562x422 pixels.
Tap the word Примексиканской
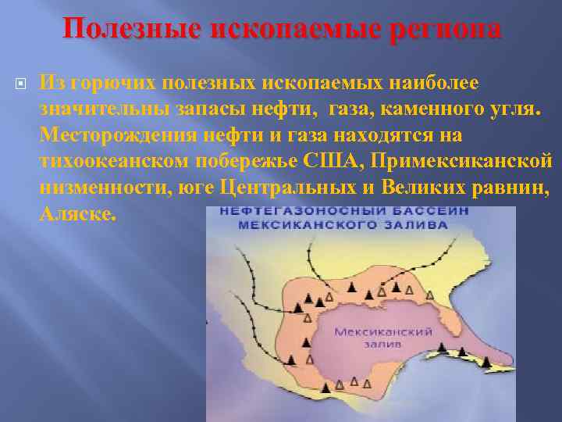pos(461,161)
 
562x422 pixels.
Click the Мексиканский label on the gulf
pos(372,331)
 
